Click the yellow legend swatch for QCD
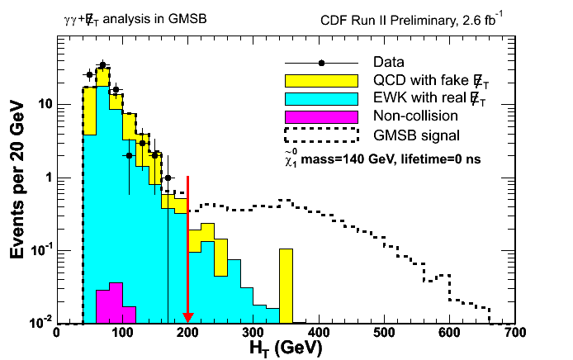tap(320, 81)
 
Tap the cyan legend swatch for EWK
tap(320, 98)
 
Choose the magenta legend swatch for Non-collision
tap(320, 116)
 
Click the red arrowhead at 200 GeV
tap(187, 317)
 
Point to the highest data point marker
tap(102, 64)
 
